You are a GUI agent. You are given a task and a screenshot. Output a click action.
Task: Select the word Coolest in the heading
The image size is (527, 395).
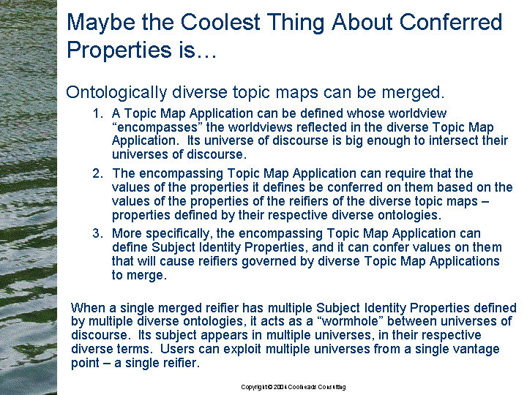click(x=220, y=22)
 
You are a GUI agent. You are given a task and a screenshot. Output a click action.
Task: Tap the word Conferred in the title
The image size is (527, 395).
click(x=451, y=22)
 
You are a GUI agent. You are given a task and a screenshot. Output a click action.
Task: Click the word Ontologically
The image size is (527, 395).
click(x=116, y=93)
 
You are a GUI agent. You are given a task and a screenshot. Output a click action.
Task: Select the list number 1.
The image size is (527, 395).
click(x=97, y=113)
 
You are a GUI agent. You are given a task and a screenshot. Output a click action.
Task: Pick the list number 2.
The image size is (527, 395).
click(x=97, y=173)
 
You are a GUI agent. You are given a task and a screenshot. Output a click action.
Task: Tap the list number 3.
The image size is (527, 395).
click(x=97, y=233)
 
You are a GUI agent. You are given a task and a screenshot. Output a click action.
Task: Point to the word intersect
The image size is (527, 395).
click(x=453, y=140)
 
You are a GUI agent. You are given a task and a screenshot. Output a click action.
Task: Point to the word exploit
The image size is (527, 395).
click(x=242, y=350)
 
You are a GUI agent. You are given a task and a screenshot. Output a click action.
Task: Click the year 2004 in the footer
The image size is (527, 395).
click(x=280, y=387)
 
